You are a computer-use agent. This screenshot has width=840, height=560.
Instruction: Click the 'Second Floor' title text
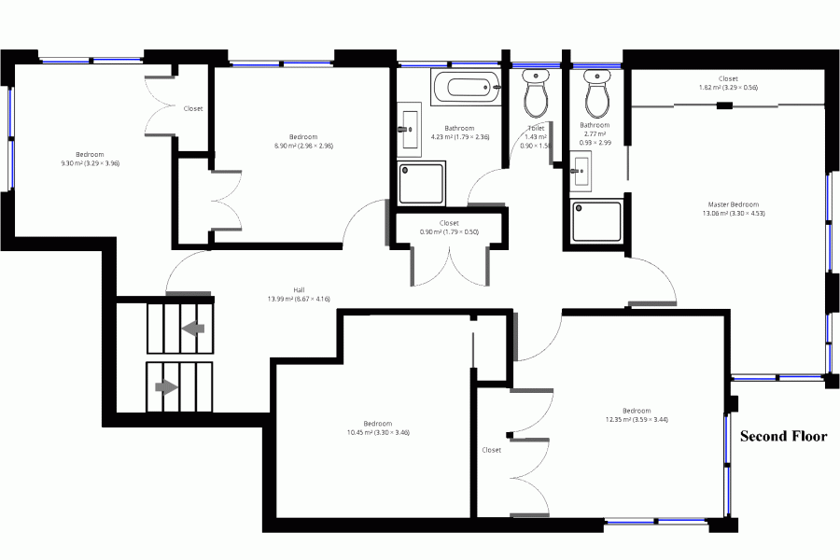[x=783, y=436]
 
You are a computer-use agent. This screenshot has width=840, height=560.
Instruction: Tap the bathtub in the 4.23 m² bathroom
[x=463, y=90]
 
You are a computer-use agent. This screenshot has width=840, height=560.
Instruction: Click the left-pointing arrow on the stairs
[x=193, y=329]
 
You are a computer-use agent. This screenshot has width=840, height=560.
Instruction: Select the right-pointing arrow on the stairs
[x=166, y=385]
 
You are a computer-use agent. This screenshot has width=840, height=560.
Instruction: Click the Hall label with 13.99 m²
[x=299, y=294]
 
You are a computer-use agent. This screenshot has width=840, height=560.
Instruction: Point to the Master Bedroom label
[x=733, y=208]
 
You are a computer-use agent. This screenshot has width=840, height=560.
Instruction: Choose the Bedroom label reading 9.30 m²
[x=90, y=159]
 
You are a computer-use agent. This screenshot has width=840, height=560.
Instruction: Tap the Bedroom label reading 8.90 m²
[x=303, y=141]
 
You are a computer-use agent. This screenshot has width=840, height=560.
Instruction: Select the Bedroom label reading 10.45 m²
[x=377, y=427]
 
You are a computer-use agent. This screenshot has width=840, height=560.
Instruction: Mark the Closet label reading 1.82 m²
[x=728, y=83]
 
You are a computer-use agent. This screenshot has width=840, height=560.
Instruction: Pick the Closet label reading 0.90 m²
[x=449, y=227]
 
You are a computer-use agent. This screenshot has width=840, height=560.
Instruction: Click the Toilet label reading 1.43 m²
[x=536, y=136]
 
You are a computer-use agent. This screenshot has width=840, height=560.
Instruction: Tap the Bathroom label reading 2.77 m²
[x=595, y=133]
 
